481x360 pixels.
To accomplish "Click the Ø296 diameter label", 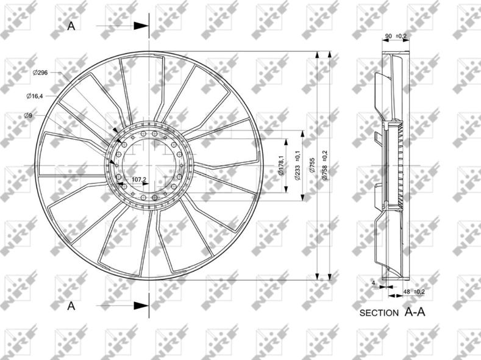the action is (40, 73).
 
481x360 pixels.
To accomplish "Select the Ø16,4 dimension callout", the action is (34, 96).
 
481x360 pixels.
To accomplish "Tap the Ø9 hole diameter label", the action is (28, 115).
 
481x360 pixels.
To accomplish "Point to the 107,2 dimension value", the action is (138, 179).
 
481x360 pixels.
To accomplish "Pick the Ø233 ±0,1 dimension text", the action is (297, 165).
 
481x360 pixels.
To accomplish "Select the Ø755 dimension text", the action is (312, 166).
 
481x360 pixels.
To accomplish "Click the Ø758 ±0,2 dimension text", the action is (325, 165).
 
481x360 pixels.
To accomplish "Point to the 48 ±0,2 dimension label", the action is (414, 292).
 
